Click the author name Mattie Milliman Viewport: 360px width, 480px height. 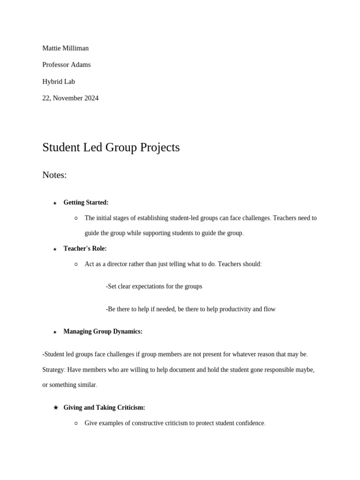tap(65, 48)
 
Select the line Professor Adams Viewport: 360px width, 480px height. tap(67, 65)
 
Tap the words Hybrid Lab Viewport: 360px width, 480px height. tap(59, 82)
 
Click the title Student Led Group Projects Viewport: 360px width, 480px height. tap(111, 147)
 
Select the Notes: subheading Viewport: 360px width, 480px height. tap(54, 175)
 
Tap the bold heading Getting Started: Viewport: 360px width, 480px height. tap(86, 202)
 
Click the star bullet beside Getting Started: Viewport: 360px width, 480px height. tap(55, 203)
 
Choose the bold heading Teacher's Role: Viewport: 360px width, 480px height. tap(85, 248)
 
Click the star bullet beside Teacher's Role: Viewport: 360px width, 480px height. tap(55, 249)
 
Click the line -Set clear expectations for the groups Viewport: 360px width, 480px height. tap(154, 286)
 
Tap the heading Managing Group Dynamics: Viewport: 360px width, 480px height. tap(103, 331)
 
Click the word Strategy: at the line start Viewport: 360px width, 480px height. tap(54, 369)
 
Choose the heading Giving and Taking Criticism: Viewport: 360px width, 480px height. tap(104, 407)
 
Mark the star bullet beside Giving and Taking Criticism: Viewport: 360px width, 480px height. tap(56, 407)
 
